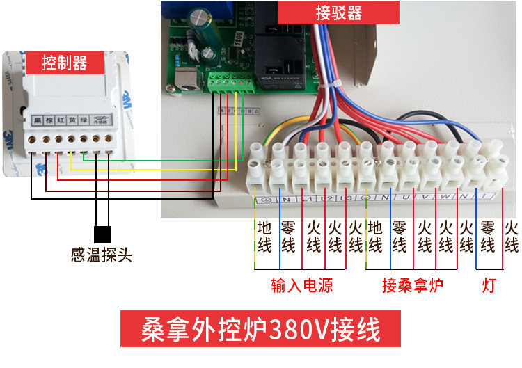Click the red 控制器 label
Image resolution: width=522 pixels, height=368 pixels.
(64, 63)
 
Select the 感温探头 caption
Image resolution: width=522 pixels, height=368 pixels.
(102, 255)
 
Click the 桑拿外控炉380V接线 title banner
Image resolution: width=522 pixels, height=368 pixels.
(260, 328)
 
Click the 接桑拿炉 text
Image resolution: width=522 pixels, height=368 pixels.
(413, 286)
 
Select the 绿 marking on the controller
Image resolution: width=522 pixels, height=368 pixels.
(84, 121)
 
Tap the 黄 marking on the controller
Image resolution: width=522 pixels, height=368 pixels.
(72, 121)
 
